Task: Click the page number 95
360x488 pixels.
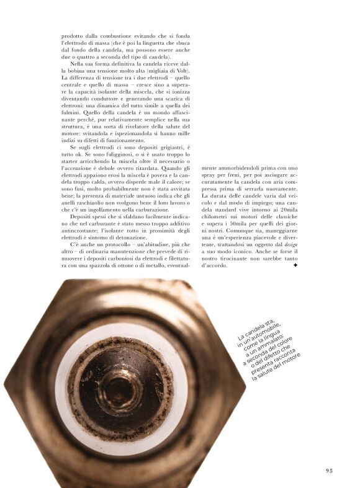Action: click(330, 471)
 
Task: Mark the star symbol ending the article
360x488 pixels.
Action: click(295, 265)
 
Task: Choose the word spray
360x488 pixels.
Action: click(210, 175)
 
